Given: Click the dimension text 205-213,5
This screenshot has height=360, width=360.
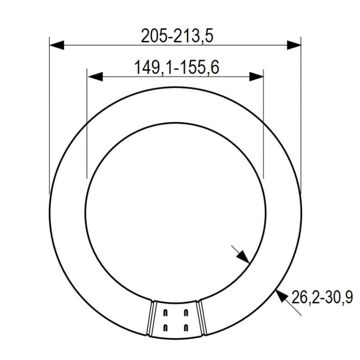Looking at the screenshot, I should point(176,36).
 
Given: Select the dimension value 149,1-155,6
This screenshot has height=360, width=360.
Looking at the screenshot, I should point(176,68).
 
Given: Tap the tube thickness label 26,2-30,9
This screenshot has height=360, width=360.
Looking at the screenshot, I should point(321,298).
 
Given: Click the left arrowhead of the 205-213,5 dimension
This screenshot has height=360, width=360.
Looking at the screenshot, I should point(57,45).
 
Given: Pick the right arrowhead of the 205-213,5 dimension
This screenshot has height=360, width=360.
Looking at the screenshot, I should point(294,45).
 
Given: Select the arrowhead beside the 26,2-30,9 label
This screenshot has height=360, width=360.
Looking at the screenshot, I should point(280,294).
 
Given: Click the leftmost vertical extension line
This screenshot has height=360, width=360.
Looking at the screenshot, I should point(49,120).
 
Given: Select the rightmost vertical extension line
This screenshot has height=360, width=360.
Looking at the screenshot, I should point(301,120).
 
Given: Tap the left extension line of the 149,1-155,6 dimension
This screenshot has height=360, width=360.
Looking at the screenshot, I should point(86,125).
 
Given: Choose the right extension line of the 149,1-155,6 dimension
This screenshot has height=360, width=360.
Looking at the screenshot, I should point(264,125).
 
